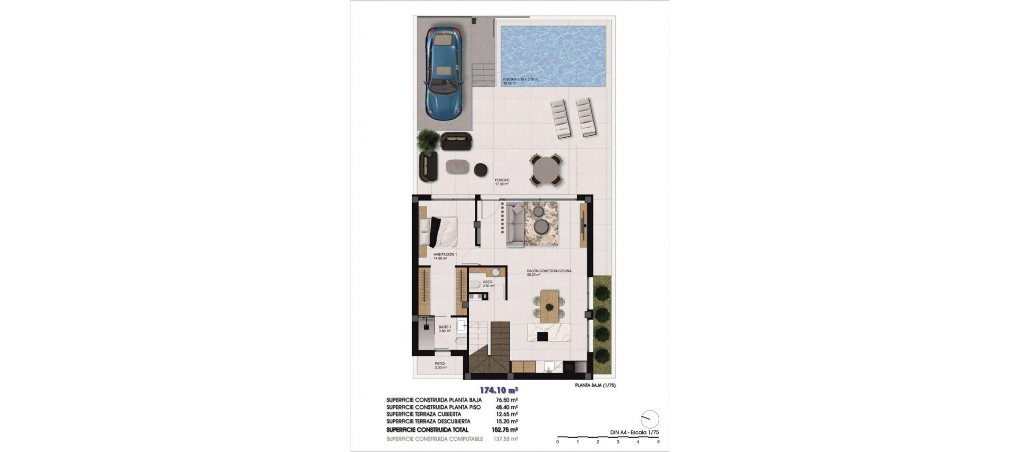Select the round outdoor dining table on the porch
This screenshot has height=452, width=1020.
click(546, 170)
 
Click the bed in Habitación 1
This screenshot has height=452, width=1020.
click(439, 232)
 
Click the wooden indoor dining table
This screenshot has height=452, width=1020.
click(550, 305)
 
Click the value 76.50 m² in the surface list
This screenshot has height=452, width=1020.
click(507, 400)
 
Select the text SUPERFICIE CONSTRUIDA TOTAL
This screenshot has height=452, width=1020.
click(427, 430)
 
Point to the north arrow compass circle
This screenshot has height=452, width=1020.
click(650, 419)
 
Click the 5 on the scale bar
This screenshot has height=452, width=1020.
click(658, 442)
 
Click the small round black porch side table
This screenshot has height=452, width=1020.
click(481, 169)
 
